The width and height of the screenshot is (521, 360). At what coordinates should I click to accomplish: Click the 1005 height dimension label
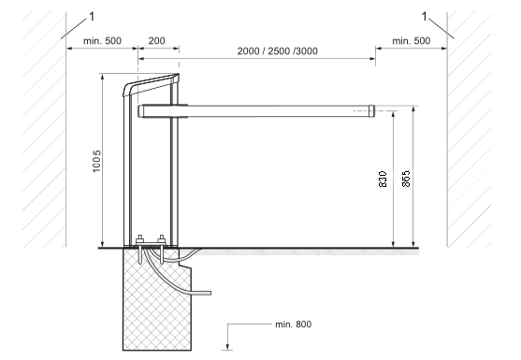(x=96, y=161)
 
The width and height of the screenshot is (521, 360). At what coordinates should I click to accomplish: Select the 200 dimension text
(x=156, y=41)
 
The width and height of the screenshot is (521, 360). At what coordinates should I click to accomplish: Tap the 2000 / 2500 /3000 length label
(x=278, y=51)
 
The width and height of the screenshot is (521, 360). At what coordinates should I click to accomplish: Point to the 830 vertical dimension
(x=383, y=179)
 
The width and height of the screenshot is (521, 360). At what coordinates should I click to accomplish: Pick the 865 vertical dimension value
(x=406, y=179)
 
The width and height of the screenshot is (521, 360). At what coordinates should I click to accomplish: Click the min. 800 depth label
(x=294, y=324)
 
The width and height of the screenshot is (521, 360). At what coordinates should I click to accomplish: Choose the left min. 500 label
(x=102, y=41)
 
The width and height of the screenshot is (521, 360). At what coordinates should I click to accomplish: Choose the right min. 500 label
(x=412, y=41)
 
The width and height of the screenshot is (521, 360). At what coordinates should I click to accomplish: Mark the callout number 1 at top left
(x=92, y=16)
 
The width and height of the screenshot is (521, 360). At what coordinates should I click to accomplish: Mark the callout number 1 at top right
(x=424, y=16)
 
